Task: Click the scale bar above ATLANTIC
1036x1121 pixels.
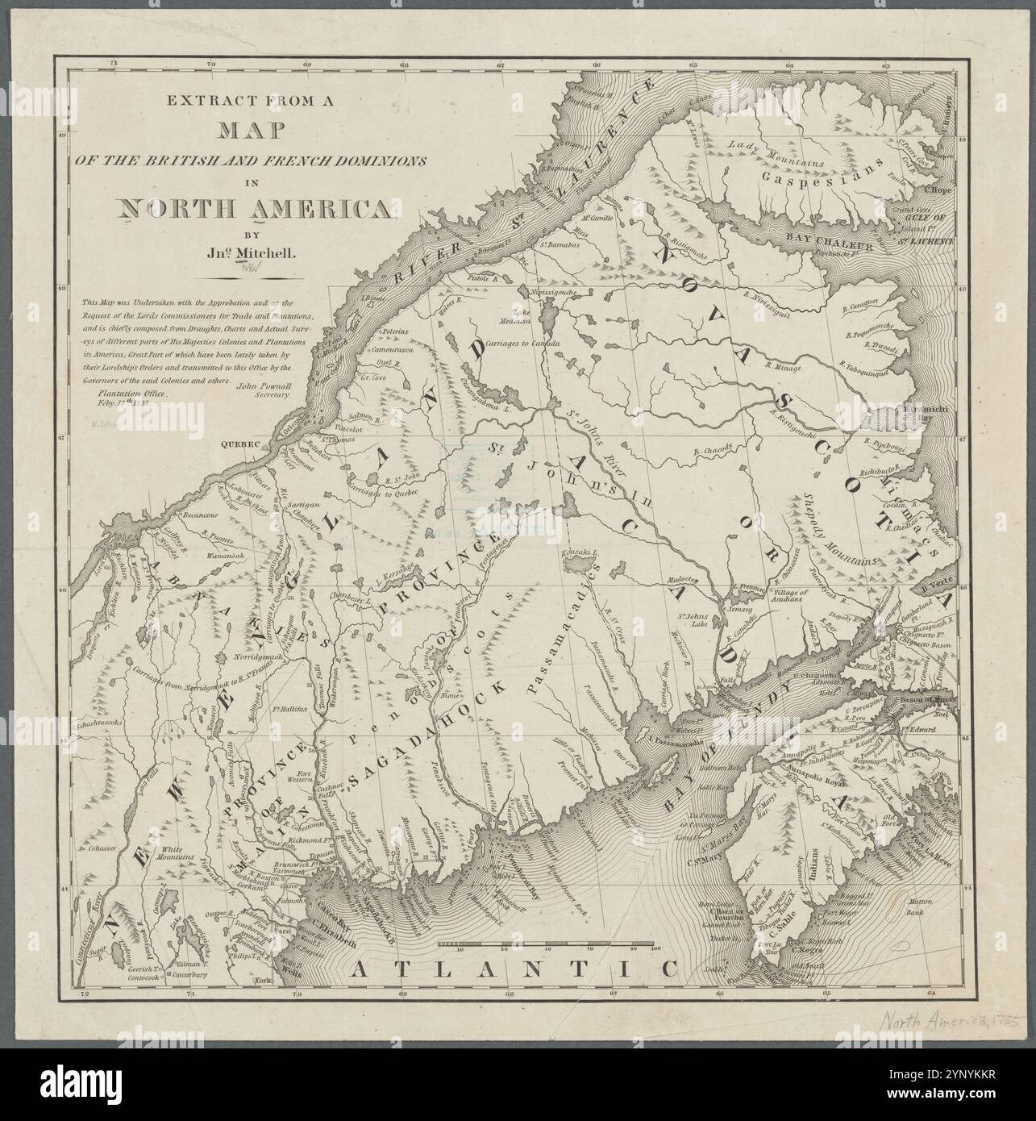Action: pyautogui.click(x=549, y=943)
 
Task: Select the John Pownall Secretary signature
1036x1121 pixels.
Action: pyautogui.click(x=257, y=390)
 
